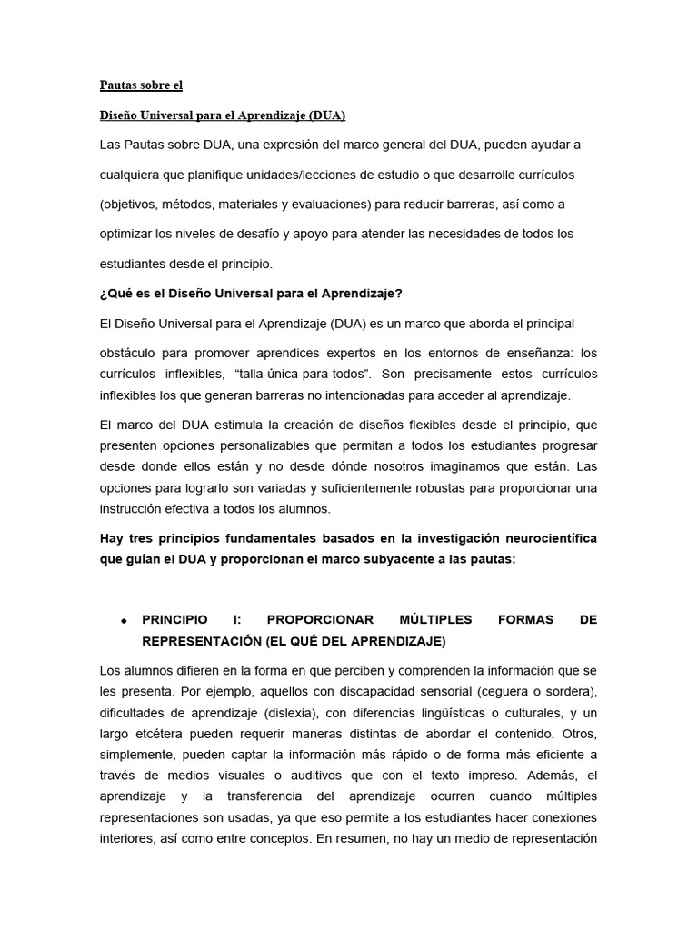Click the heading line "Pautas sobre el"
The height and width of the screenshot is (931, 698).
[141, 85]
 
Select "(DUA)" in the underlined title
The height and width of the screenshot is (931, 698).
[327, 115]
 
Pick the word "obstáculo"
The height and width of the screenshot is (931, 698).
[129, 353]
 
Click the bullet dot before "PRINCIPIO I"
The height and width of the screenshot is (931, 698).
[123, 620]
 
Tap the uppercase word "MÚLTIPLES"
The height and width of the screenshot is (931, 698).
[436, 619]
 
